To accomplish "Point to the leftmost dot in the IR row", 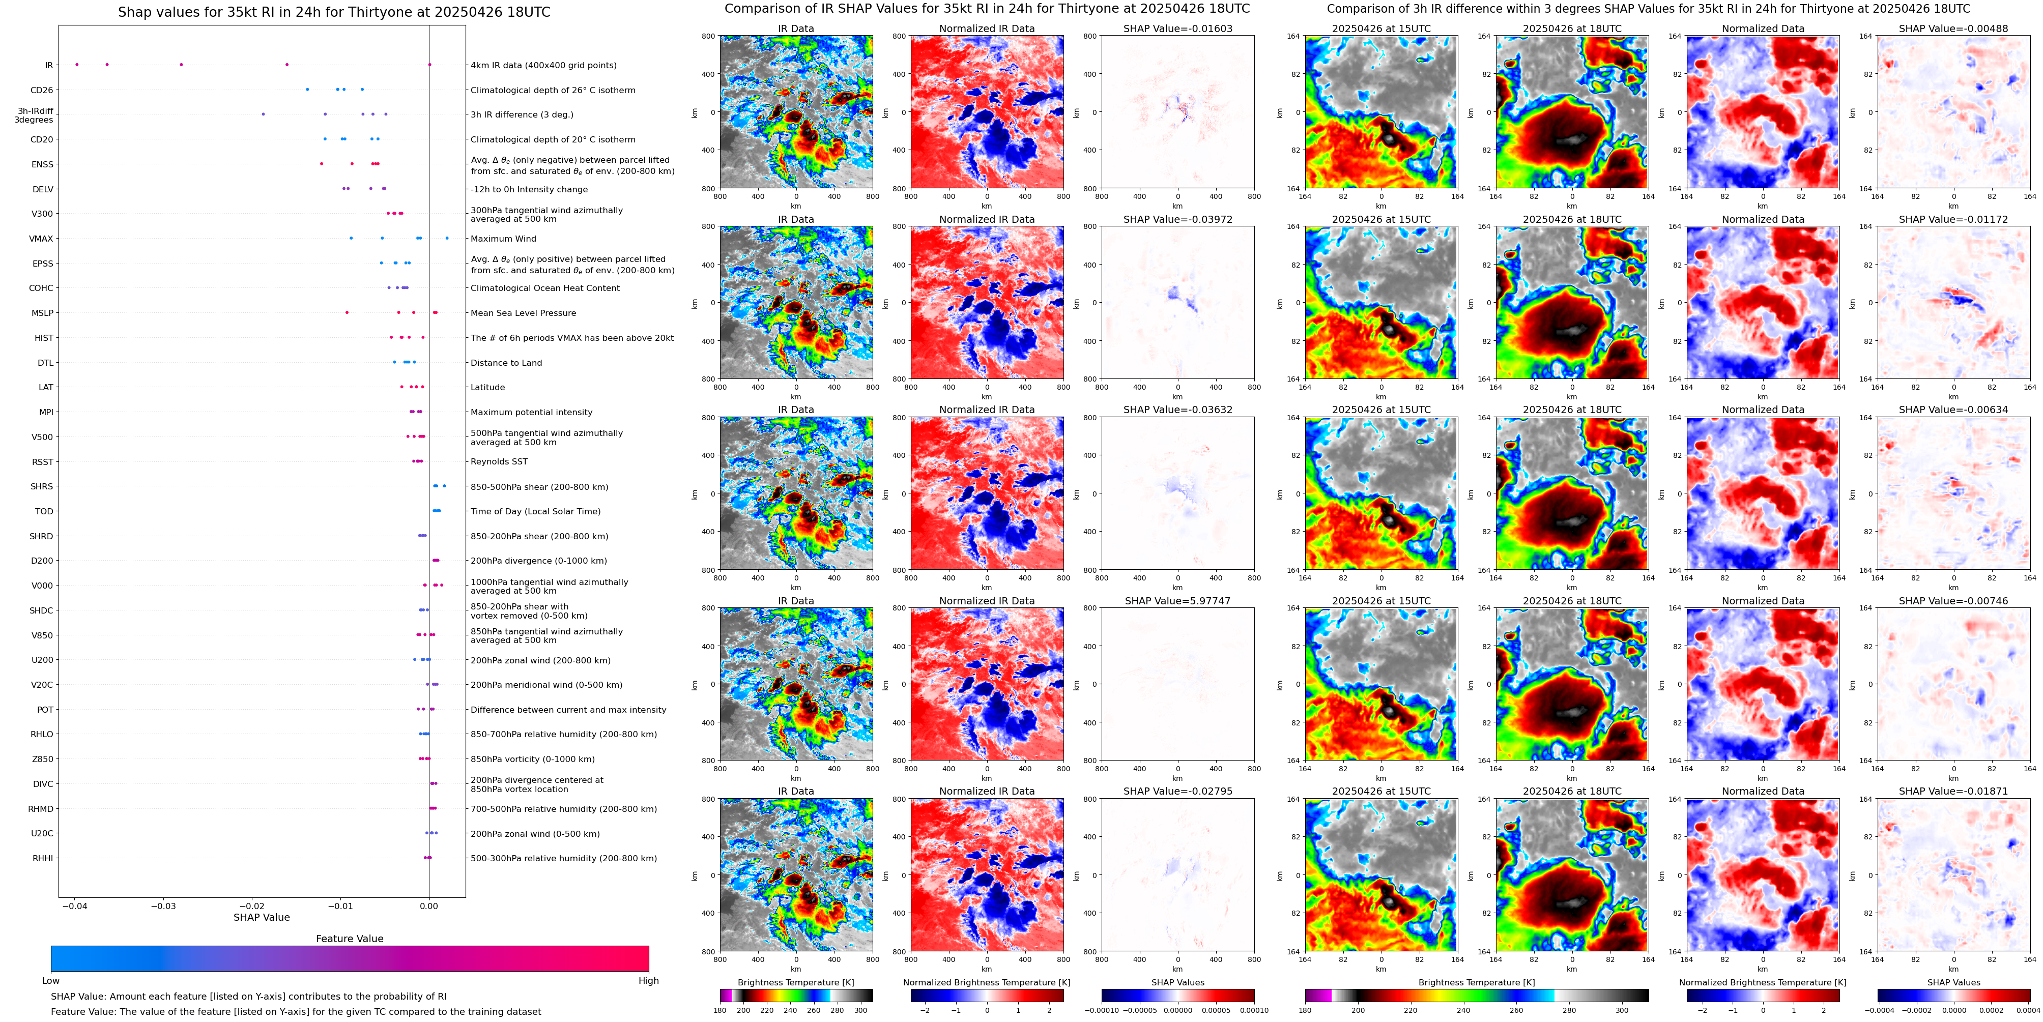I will point(77,64).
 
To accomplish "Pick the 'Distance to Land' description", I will point(506,363).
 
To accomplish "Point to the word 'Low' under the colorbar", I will point(51,981).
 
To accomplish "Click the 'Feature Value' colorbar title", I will point(349,939).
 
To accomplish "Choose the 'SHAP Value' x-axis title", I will point(261,917).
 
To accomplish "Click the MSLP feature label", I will point(42,313).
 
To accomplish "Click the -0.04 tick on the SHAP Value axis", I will point(75,906).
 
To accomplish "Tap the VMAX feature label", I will point(41,239).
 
